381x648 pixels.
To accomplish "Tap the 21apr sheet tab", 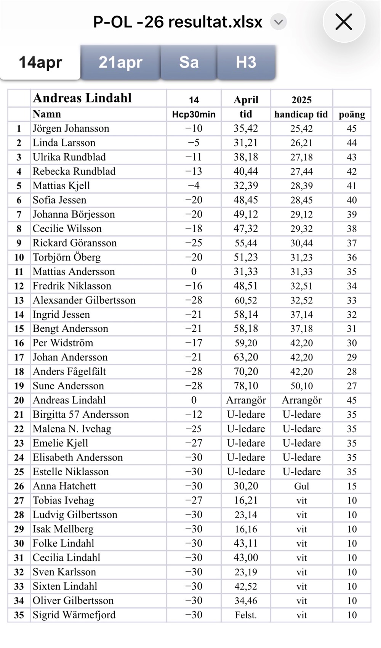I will point(120,62).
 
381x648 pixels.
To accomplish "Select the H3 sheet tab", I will point(246,62).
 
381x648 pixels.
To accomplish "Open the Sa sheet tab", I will point(189,62).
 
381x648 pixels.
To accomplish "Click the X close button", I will point(344,22).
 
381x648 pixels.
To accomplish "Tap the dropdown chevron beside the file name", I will point(279,22).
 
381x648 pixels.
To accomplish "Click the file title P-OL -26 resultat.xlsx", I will point(178,22).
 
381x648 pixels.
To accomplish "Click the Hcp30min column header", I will point(194,114).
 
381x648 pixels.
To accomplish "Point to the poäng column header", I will point(352,114).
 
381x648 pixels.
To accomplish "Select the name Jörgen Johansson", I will point(71,129).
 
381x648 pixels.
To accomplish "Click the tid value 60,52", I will point(246,300).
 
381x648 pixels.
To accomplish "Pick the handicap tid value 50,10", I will point(301,386).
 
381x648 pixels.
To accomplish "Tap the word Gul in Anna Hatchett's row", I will point(301,486).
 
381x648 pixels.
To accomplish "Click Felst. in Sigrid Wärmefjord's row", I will point(246,615).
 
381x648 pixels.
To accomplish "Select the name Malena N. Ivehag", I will point(72,429).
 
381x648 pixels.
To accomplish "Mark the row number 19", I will point(19,386).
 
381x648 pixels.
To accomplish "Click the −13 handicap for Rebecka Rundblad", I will point(194,171).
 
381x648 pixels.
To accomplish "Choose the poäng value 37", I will point(352,243).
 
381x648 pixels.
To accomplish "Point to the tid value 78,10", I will point(246,386).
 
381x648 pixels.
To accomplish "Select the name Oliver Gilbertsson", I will point(73,601).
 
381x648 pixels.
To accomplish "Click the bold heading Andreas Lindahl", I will point(82,98).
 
